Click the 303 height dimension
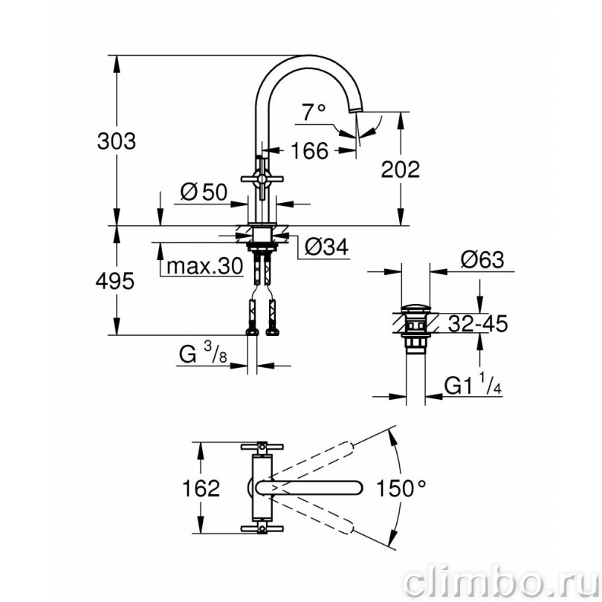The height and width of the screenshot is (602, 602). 117,141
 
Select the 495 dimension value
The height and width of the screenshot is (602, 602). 114,281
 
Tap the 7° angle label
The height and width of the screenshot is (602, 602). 314,112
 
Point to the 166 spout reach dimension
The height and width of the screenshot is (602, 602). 309,150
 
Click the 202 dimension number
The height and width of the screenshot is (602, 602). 401,169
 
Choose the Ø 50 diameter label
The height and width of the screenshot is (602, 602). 204,192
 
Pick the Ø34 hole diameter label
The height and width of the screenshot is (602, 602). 327,247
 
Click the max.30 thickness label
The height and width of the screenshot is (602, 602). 205,265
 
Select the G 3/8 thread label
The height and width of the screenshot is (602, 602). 203,353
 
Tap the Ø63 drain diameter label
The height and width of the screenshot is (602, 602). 482,260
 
